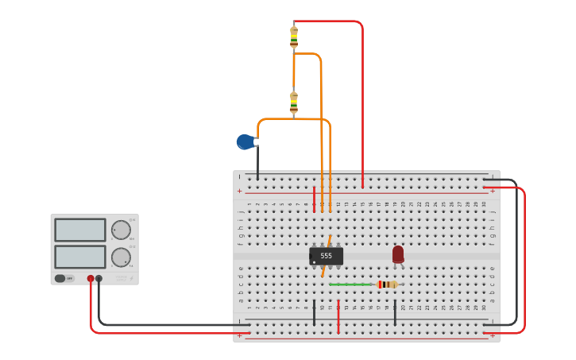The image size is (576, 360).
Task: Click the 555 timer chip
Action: pos(326,256)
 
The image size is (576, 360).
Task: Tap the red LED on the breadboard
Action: pos(398,254)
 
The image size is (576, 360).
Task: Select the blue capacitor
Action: pos(245,141)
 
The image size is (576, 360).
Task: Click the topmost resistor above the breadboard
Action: pos(294,37)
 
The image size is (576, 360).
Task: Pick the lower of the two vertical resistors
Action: pos(294,103)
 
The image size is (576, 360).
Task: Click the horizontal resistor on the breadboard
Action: pos(387,285)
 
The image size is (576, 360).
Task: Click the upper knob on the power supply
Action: pos(121,230)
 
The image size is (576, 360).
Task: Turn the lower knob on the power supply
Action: pos(121,257)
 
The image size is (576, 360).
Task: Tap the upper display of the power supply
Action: pos(79,230)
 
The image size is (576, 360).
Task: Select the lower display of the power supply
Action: pos(79,257)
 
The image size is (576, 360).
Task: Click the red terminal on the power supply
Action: pos(91,278)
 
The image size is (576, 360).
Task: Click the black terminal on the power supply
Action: pos(99,278)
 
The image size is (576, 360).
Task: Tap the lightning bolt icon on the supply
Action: pos(132,278)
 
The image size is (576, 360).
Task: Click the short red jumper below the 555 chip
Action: pos(338,316)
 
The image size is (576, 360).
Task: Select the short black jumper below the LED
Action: pos(395,312)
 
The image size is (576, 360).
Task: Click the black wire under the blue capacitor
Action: pos(257,163)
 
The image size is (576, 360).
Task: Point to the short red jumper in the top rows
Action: pos(314,199)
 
